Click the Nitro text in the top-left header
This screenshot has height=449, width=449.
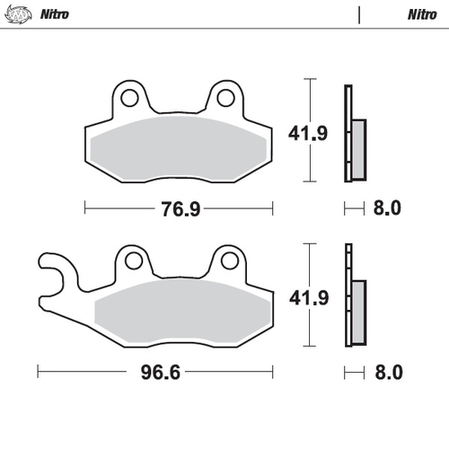coord(51,14)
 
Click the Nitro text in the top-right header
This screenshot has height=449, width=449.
coord(422,14)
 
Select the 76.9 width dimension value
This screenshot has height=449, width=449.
coord(180,209)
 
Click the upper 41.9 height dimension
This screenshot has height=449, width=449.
coord(305,135)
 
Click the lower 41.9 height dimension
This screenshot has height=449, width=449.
coord(305,296)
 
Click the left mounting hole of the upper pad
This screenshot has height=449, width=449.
coord(128,97)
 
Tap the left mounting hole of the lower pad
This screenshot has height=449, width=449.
coord(135,261)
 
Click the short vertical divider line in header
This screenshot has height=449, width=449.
coord(360,14)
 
